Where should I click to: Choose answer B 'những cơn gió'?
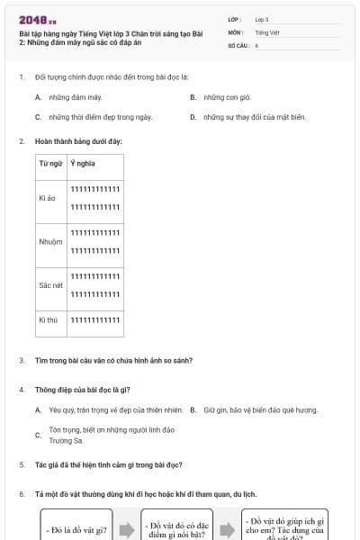(x=224, y=97)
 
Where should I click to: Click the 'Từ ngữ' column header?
(x=50, y=164)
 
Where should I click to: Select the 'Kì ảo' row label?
(x=49, y=197)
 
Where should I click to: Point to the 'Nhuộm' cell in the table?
(x=50, y=241)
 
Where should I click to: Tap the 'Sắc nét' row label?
(x=50, y=284)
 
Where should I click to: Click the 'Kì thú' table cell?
(x=49, y=319)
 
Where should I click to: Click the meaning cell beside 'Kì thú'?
(x=94, y=319)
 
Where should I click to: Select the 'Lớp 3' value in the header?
(x=262, y=19)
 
